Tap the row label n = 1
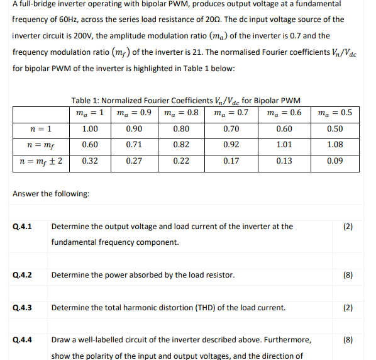[41, 129]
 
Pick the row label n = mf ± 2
[41, 160]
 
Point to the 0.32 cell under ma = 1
[89, 160]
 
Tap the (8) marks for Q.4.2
[348, 275]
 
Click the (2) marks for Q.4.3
[348, 308]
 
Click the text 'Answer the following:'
[51, 193]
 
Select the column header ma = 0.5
[335, 114]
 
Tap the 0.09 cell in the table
[335, 160]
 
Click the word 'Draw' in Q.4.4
[61, 340]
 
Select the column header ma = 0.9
[133, 114]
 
